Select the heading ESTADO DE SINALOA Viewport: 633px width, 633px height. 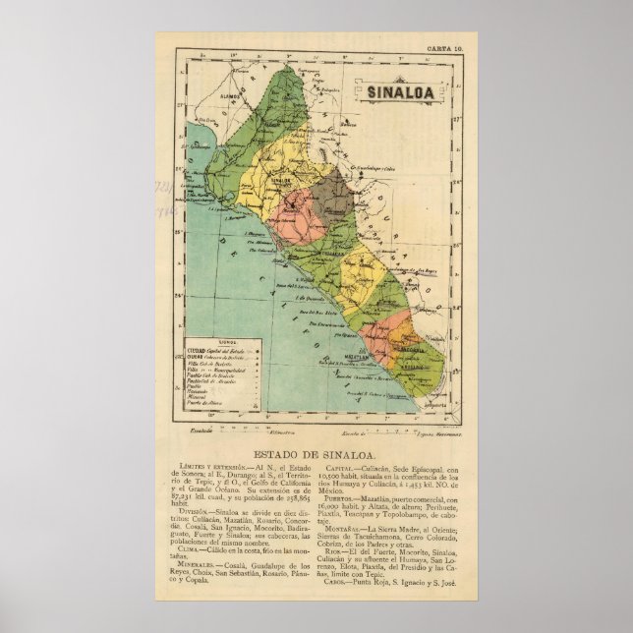[x=316, y=452]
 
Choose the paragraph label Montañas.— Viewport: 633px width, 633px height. [x=343, y=529]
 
